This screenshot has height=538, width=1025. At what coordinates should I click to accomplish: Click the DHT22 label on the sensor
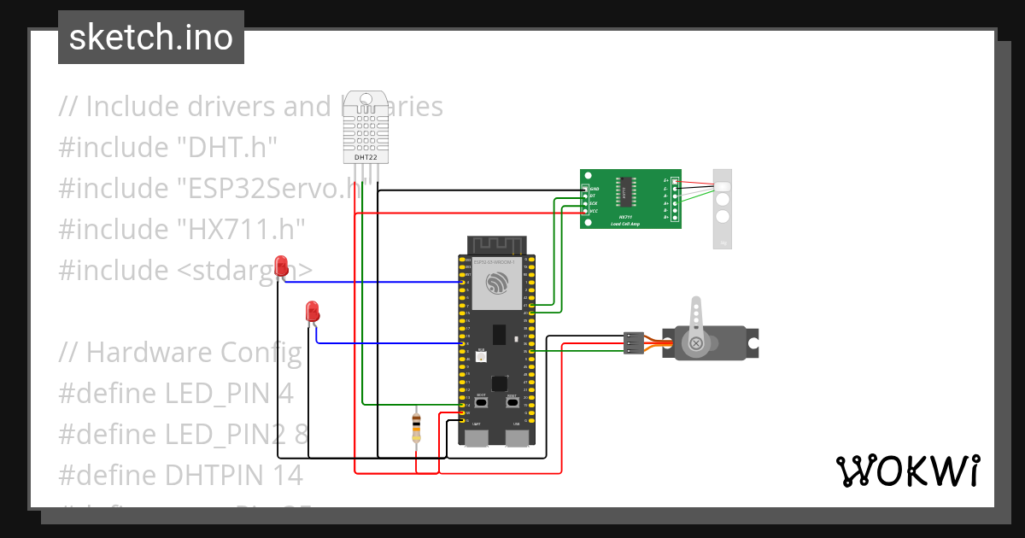(x=366, y=158)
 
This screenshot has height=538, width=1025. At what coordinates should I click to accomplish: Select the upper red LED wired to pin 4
(x=281, y=266)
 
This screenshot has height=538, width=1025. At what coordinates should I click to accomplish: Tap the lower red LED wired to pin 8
(x=313, y=310)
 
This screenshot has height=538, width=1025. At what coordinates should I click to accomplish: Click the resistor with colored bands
(x=416, y=426)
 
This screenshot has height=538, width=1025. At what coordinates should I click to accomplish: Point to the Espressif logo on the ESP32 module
(x=496, y=284)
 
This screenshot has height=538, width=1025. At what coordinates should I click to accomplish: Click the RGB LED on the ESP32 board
(x=482, y=356)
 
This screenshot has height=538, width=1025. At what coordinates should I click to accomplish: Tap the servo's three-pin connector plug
(x=633, y=342)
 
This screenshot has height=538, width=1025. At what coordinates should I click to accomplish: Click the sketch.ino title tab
(x=151, y=38)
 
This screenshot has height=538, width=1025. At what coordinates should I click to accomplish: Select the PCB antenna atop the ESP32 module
(x=496, y=244)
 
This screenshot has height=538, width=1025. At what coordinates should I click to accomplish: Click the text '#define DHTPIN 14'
(x=180, y=475)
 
